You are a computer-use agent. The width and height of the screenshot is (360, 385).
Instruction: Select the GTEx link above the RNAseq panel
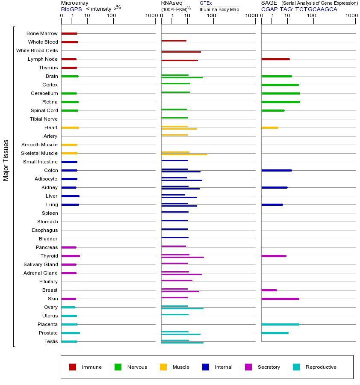click(206, 3)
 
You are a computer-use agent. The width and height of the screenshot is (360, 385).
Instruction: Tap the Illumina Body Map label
click(219, 9)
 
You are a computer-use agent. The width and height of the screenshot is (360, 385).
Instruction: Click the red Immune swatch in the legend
click(73, 367)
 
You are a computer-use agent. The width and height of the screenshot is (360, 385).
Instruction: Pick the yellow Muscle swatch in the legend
click(163, 367)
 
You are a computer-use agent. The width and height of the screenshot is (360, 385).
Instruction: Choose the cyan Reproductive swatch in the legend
click(296, 367)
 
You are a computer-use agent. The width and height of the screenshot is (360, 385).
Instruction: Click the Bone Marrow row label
click(42, 33)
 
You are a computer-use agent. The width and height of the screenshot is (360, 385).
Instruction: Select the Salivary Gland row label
click(41, 264)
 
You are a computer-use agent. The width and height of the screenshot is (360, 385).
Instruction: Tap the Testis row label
click(51, 341)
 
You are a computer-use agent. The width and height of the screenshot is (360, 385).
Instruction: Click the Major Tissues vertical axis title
click(6, 160)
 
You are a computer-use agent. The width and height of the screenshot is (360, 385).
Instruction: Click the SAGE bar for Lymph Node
click(275, 59)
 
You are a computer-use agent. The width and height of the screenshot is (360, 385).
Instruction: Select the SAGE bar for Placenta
click(280, 324)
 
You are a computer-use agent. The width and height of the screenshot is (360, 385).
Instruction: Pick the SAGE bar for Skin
click(280, 299)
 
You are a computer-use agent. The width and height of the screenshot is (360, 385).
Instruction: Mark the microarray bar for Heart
click(70, 127)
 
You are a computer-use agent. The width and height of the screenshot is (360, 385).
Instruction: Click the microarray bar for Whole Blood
click(70, 42)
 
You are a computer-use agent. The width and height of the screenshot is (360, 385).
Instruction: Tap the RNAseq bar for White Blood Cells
click(181, 52)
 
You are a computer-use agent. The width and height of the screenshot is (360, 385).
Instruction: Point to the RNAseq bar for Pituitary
click(177, 280)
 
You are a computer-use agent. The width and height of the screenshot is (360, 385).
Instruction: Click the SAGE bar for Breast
click(269, 290)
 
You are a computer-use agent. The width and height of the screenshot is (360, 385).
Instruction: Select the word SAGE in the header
click(269, 3)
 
